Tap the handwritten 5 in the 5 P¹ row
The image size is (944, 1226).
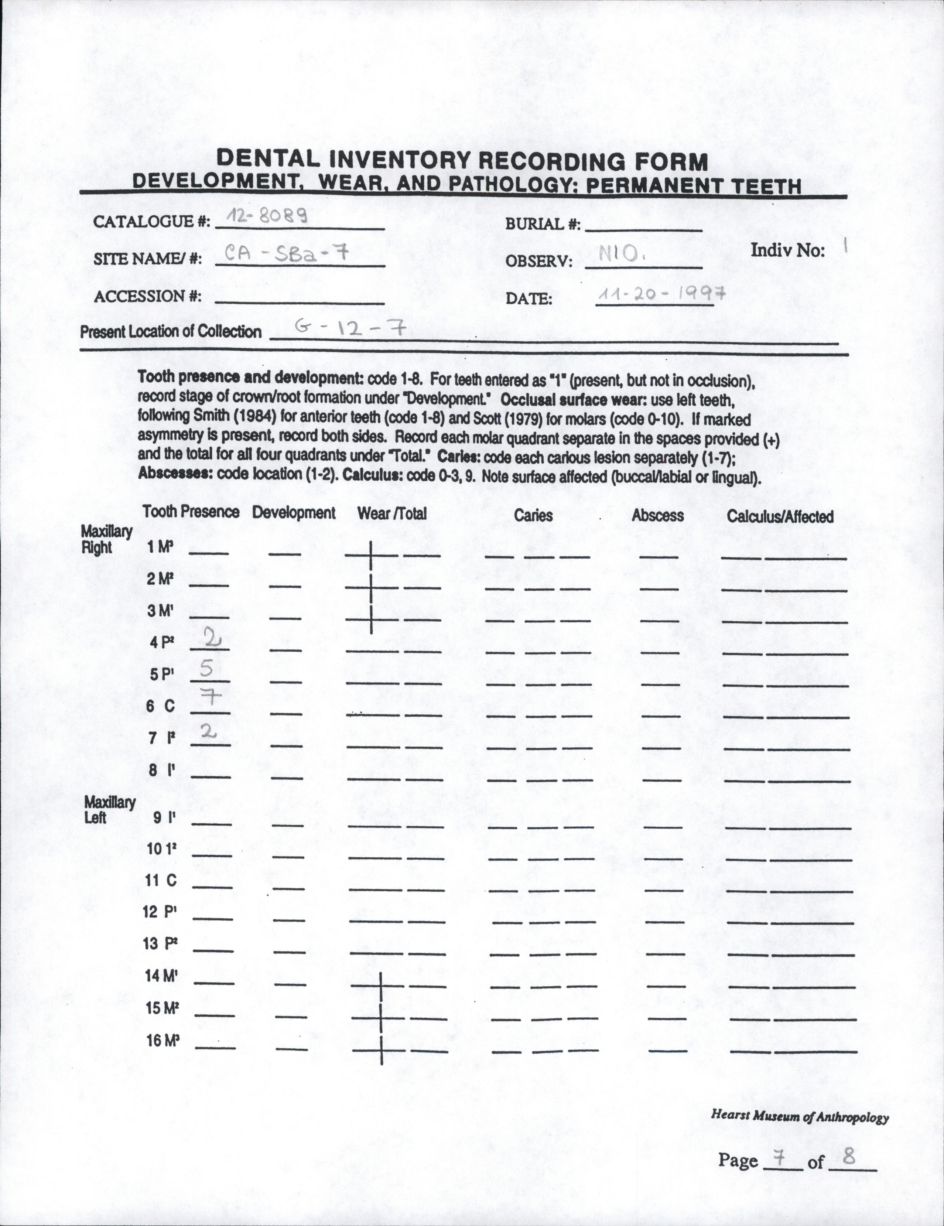pyautogui.click(x=206, y=668)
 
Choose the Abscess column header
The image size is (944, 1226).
pyautogui.click(x=657, y=515)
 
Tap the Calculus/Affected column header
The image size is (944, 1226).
pyautogui.click(x=780, y=516)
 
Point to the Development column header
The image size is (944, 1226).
pyautogui.click(x=294, y=512)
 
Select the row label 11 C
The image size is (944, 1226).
pyautogui.click(x=161, y=881)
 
